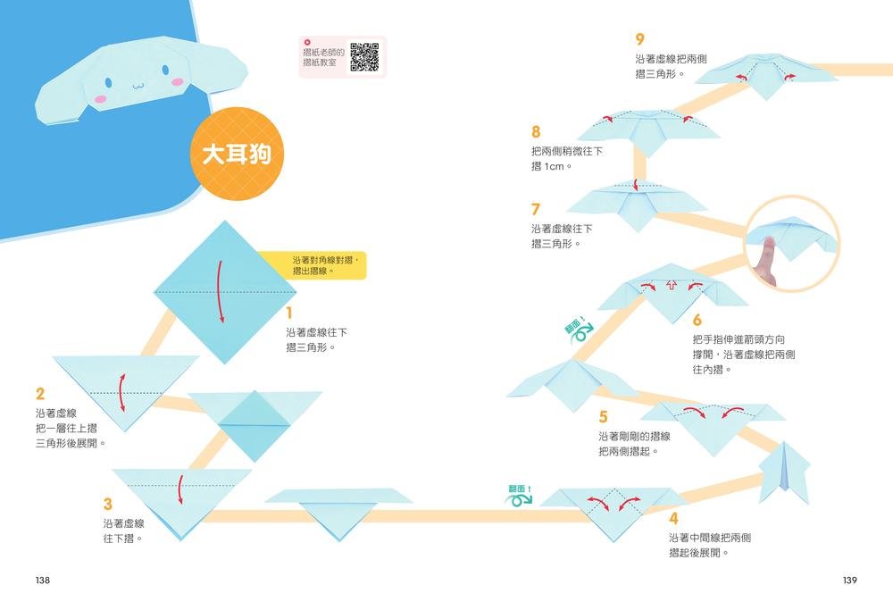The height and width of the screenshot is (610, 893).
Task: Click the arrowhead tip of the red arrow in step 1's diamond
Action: click(x=221, y=322)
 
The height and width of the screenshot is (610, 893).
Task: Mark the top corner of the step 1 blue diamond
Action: click(x=226, y=221)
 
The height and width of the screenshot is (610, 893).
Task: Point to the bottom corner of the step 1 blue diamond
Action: click(x=226, y=364)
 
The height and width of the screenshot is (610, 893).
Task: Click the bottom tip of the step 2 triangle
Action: click(x=124, y=431)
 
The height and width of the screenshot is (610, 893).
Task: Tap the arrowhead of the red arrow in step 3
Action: click(x=181, y=504)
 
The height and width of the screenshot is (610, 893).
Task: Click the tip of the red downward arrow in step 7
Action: click(x=636, y=190)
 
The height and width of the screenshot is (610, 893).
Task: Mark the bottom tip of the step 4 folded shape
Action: click(x=614, y=541)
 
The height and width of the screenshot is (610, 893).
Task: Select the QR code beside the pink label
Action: click(x=364, y=57)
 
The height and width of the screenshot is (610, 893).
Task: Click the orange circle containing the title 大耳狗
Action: click(x=237, y=154)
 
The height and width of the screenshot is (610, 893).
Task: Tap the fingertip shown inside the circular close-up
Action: click(x=770, y=241)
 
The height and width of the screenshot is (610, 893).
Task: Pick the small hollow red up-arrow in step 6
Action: click(x=672, y=285)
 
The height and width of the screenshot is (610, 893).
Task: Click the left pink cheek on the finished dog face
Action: click(x=100, y=99)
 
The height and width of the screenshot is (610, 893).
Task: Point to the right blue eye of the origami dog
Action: click(x=165, y=71)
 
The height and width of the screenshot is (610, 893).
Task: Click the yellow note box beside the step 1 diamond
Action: click(x=311, y=265)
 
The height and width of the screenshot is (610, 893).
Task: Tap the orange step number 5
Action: click(x=603, y=417)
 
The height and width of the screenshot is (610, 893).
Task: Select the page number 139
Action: click(x=850, y=580)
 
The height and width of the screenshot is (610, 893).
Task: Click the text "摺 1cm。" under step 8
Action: click(x=551, y=166)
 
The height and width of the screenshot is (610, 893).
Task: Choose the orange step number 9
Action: click(x=640, y=39)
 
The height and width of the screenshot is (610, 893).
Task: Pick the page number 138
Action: click(x=43, y=580)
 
